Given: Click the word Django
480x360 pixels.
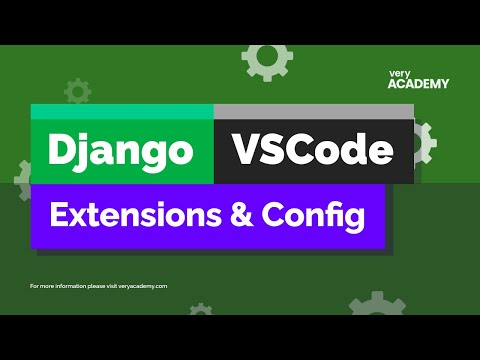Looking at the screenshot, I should pos(120,152).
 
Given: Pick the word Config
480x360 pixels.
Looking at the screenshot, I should pos(311,215).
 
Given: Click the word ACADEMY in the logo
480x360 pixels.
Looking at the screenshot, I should pos(418,84).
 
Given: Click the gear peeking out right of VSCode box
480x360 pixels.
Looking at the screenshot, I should pos(424,145).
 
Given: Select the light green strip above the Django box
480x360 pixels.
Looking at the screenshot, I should pos(122,112).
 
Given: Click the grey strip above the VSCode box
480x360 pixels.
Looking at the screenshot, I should pos(313,112).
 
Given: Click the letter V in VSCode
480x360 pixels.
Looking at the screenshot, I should pos(246,152).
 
